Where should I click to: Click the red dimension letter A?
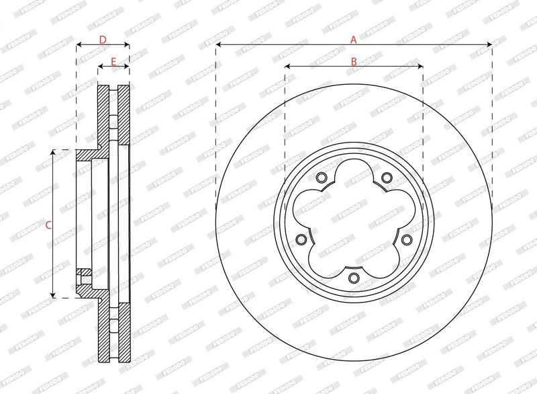354,40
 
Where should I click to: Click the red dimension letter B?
354,62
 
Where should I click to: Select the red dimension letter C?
48,225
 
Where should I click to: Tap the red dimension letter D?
103,40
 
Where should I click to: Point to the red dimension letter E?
113,62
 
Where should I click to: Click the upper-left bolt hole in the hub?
322,178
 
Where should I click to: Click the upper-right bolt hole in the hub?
387,178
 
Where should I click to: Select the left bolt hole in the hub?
301,239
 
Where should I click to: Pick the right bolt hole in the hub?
406,239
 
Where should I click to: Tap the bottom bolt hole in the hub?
354,278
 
